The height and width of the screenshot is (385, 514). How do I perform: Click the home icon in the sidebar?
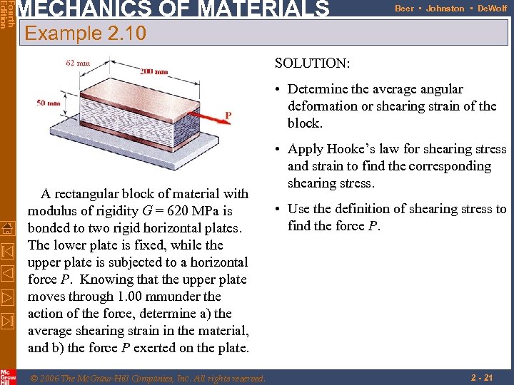coord(8,227)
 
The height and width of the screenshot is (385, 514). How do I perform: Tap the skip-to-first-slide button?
coord(8,250)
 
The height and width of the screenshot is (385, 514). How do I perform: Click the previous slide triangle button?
coord(8,273)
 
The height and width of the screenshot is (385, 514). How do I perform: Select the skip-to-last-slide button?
coord(8,320)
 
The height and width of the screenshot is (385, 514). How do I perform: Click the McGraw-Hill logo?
coord(8,376)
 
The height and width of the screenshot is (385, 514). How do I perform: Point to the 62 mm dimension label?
coord(78,63)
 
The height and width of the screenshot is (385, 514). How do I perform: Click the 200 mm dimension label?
coord(153,71)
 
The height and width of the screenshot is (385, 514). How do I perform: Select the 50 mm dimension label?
coord(49,103)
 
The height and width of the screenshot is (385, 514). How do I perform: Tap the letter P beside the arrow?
coord(228,115)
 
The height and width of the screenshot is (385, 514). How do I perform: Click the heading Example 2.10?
coord(85,34)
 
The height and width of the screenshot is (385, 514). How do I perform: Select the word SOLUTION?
coord(312,63)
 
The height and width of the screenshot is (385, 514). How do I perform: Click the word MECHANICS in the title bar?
coord(72,9)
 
